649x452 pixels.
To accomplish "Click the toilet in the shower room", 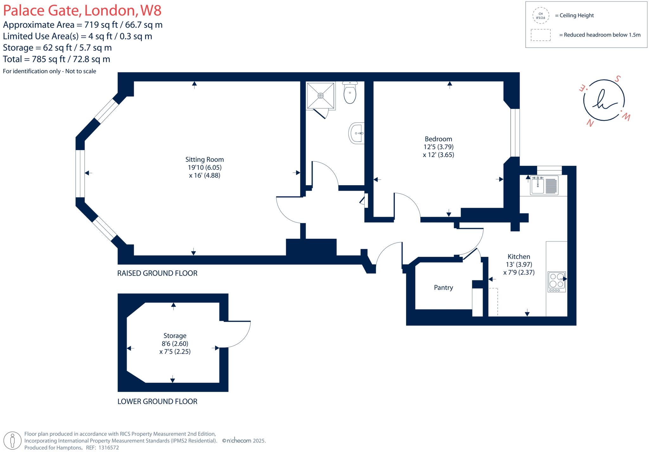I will tap(350, 94).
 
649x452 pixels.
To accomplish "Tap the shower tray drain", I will tap(321, 95).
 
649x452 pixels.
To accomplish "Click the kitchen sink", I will tap(538, 186).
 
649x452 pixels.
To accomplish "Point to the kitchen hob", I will tap(557, 282).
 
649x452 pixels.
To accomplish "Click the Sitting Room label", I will tap(204, 160).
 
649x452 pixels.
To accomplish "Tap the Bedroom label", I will tap(438, 139).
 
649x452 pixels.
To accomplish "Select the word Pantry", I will tap(443, 288).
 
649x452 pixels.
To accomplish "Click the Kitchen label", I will tap(519, 257).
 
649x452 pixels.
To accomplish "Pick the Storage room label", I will tap(175, 336).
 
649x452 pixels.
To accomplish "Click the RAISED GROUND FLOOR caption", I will tap(157, 273).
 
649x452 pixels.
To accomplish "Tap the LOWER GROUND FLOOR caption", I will tap(157, 402).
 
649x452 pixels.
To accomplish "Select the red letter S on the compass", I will tap(617, 79).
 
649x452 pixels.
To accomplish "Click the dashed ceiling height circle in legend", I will tap(541, 16).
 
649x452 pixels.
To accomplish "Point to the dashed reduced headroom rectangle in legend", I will tap(541, 35).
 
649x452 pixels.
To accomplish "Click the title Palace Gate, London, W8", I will tap(82, 10).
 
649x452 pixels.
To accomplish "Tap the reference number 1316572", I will tap(109, 448).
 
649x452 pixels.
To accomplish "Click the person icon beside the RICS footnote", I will tap(13, 440).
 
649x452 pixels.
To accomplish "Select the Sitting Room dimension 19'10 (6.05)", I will tap(204, 167).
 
